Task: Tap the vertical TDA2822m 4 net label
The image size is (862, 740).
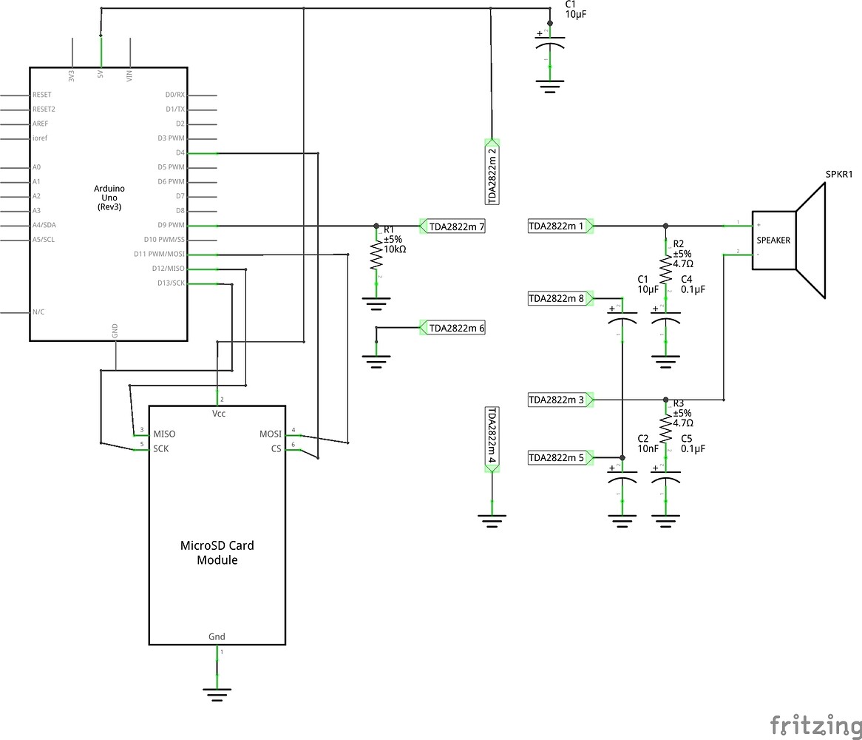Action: [x=492, y=437]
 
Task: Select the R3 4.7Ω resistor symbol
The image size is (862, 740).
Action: [x=665, y=428]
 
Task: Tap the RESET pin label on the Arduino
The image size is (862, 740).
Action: [x=42, y=95]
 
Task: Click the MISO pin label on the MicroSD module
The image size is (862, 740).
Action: [x=165, y=434]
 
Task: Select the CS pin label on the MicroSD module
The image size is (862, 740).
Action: [x=276, y=448]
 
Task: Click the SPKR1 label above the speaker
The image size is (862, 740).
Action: [x=839, y=175]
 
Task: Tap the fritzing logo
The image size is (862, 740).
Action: [x=815, y=724]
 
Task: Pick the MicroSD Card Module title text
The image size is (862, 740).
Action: [x=217, y=553]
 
